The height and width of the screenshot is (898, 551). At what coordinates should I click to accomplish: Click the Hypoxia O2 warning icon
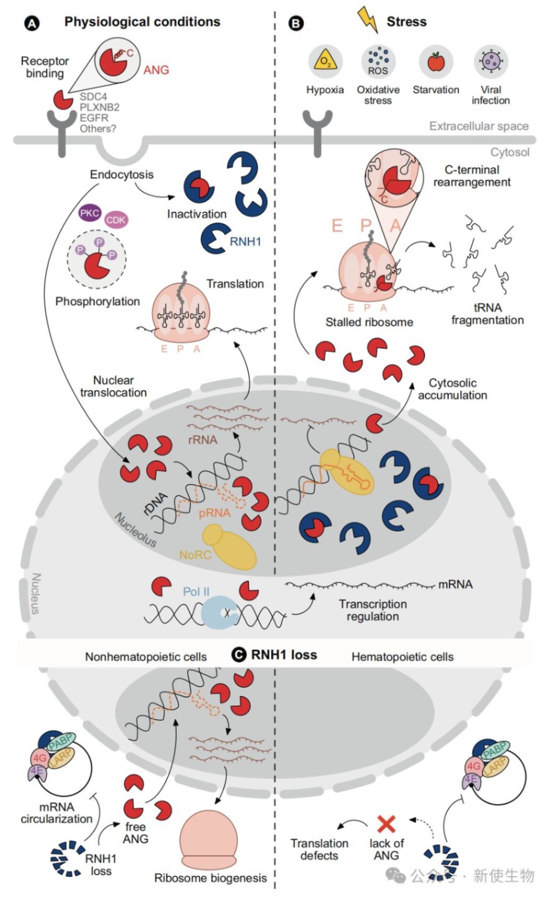[x=325, y=62]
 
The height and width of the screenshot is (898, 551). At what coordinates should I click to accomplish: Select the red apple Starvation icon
[x=436, y=62]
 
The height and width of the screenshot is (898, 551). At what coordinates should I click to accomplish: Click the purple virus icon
[x=491, y=62]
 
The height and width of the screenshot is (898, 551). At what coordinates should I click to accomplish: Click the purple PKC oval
[x=89, y=214]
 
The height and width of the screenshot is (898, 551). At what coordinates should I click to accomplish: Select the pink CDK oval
[x=116, y=220]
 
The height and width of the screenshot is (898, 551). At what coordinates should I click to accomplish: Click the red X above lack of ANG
[x=386, y=824]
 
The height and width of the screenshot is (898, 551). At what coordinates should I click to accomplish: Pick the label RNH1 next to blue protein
[x=245, y=241]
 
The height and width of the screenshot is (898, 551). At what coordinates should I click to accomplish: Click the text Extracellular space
[x=478, y=126]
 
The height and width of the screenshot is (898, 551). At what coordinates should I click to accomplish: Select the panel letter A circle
[x=32, y=24]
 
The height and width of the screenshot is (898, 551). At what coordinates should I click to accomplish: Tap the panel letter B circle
[x=296, y=24]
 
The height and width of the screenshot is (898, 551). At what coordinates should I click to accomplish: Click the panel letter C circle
[x=239, y=655]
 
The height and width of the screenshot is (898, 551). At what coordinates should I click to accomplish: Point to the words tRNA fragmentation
[x=487, y=314]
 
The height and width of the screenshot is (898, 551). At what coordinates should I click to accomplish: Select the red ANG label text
[x=156, y=70]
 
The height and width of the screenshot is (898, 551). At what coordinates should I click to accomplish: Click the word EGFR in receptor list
[x=94, y=118]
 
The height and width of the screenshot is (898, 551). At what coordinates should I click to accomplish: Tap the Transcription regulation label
[x=373, y=610]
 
